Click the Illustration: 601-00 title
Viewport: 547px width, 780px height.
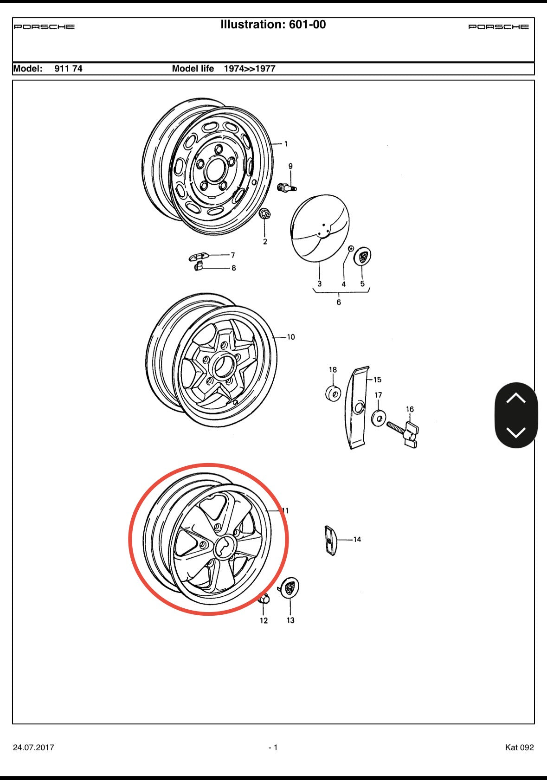[273, 25]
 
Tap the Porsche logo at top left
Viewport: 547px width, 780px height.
[44, 26]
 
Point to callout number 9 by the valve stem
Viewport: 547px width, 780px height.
[290, 166]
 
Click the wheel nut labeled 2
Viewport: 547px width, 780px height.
[265, 214]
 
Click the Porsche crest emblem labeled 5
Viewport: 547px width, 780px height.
[363, 257]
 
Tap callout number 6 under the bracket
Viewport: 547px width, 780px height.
[338, 302]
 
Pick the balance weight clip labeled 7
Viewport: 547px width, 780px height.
[199, 256]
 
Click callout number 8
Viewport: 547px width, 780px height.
[233, 268]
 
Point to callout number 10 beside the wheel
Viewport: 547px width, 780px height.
[291, 337]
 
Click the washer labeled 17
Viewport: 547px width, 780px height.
[379, 418]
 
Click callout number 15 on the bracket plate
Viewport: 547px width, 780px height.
[377, 380]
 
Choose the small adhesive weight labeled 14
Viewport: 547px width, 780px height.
[330, 540]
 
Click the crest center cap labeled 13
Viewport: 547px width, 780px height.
[290, 588]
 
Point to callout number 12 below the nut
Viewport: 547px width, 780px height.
[264, 620]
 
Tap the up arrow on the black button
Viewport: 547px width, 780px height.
[516, 399]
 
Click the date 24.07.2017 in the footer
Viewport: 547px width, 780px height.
[33, 747]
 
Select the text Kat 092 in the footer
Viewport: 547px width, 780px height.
[519, 747]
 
